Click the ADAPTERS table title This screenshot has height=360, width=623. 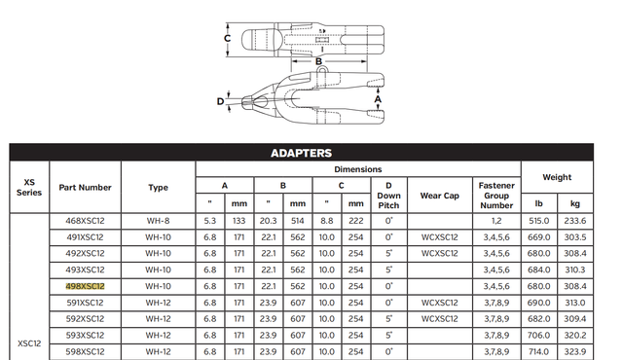tap(301, 153)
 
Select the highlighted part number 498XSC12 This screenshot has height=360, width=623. tap(85, 286)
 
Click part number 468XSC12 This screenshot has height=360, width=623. tap(85, 221)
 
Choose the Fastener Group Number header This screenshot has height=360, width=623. tap(496, 194)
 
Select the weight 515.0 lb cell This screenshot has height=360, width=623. tap(540, 221)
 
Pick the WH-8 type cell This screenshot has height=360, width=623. tap(159, 221)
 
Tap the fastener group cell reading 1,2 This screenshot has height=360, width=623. tap(496, 221)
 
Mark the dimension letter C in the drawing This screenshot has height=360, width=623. tap(227, 38)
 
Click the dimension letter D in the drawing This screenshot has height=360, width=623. tap(221, 100)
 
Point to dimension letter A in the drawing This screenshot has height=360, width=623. tap(379, 98)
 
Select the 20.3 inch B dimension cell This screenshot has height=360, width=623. tap(271, 221)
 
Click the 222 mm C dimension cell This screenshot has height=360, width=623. tap(356, 221)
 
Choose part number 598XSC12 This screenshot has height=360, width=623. tap(85, 350)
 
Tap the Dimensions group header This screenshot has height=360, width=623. tap(358, 168)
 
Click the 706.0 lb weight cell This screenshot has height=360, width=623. tap(540, 335)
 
